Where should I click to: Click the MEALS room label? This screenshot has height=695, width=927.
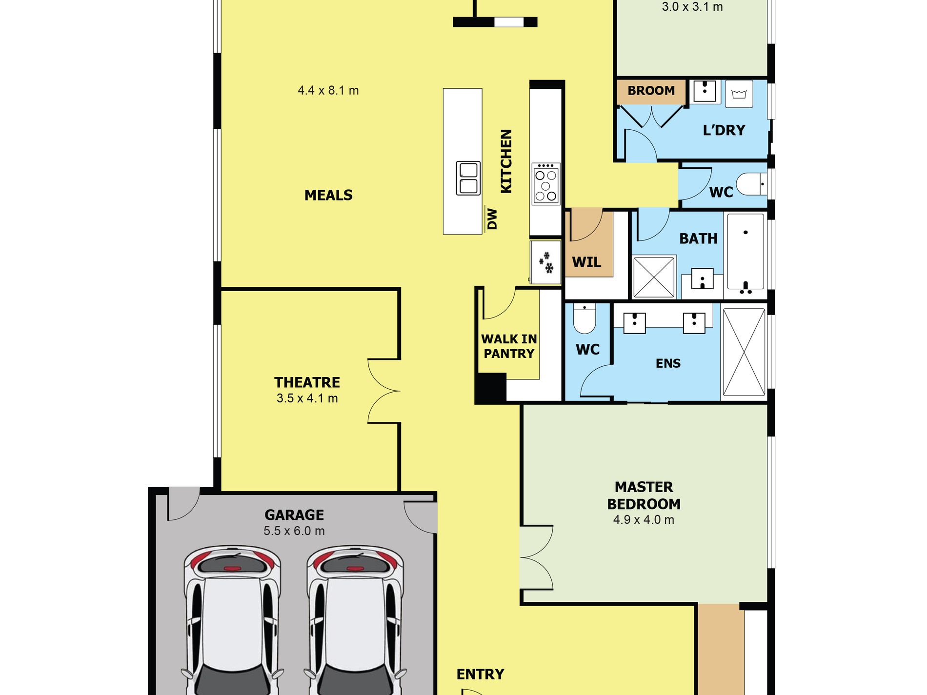[x=328, y=195]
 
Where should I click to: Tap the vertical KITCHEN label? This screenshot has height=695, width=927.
[x=506, y=161]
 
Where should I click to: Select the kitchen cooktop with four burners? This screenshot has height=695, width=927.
[x=545, y=183]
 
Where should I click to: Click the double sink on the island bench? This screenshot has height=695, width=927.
[x=468, y=178]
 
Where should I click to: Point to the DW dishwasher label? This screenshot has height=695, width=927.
[x=492, y=219]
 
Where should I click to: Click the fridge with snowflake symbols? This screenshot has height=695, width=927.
[x=545, y=262]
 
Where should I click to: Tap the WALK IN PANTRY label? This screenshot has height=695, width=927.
[x=509, y=346]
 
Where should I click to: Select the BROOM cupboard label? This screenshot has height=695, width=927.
[x=651, y=91]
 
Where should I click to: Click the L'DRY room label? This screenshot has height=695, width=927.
[x=724, y=130]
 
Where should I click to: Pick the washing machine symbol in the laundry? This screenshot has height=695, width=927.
[x=739, y=94]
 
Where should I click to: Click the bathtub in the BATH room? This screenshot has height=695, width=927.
[x=746, y=253]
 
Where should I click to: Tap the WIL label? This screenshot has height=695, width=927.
[x=586, y=262]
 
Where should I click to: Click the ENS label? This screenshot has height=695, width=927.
[x=668, y=363]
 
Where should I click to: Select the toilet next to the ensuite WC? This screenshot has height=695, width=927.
[x=584, y=318]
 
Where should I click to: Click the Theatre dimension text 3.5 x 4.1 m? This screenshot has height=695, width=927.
[x=307, y=398]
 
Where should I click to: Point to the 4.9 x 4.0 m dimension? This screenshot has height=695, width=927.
[x=644, y=520]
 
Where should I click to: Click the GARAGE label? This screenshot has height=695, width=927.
[x=294, y=515]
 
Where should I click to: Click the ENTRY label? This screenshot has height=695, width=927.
[x=480, y=675]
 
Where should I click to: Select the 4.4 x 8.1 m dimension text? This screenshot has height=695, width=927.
[x=328, y=91]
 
